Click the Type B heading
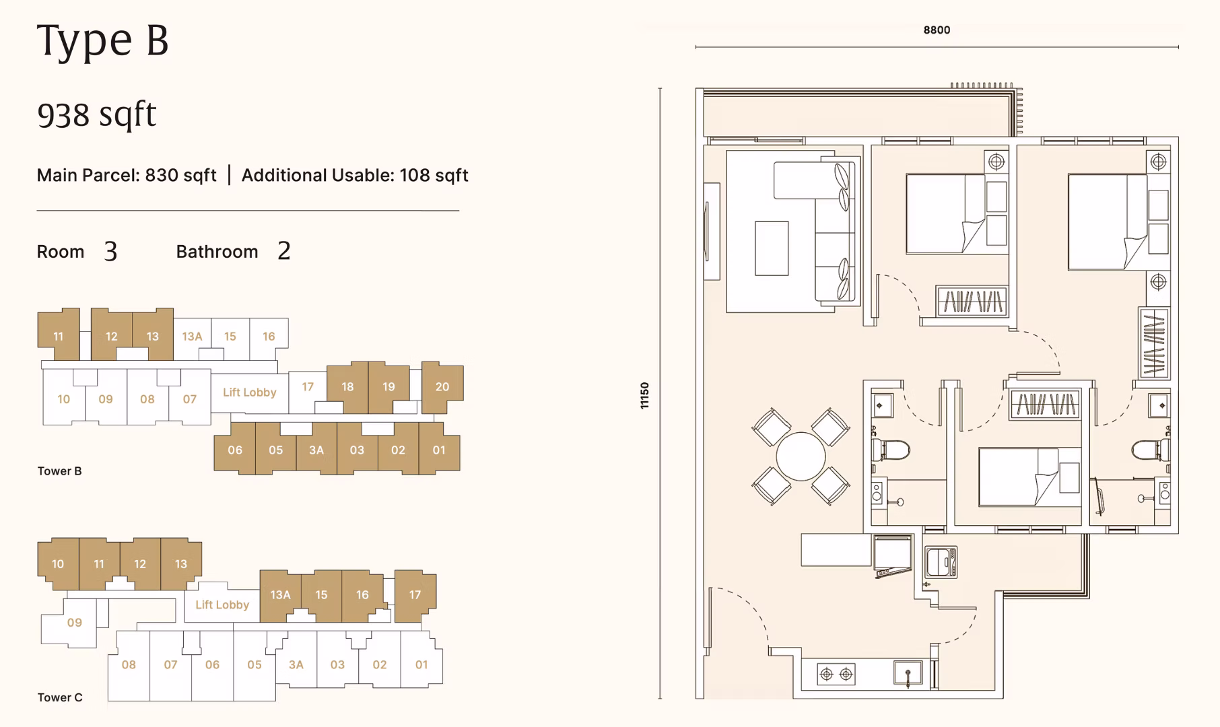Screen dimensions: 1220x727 tap(102, 40)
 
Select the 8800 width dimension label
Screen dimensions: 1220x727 tap(937, 30)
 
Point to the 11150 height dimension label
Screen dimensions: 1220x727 tap(644, 396)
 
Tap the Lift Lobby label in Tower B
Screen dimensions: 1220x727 tap(250, 392)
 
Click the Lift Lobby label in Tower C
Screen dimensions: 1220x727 tap(222, 604)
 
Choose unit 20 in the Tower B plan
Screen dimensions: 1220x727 tap(442, 387)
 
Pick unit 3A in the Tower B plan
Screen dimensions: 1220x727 tap(316, 450)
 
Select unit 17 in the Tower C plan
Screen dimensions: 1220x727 tap(415, 595)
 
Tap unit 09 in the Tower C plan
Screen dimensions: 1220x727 tap(74, 623)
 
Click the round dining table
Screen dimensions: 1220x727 tap(801, 456)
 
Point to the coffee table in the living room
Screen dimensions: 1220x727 tap(772, 248)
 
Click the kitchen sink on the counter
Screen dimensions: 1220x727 tap(908, 673)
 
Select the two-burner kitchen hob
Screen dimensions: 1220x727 tap(836, 674)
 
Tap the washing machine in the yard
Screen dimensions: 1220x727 tap(941, 562)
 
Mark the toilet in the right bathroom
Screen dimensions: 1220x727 tap(1150, 449)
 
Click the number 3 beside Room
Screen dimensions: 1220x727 tap(111, 251)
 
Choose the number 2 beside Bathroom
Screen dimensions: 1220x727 tap(284, 251)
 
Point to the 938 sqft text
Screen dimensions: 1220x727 tap(97, 114)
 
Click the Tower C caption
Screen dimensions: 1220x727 tap(60, 697)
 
